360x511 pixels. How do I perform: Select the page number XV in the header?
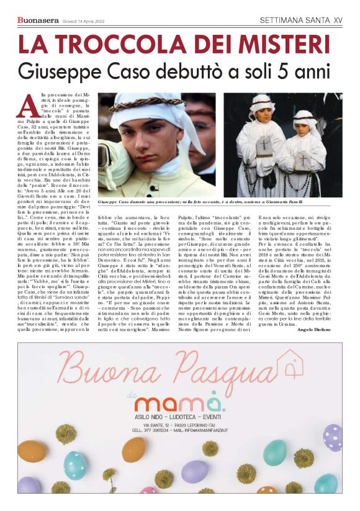pos(338,20)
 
